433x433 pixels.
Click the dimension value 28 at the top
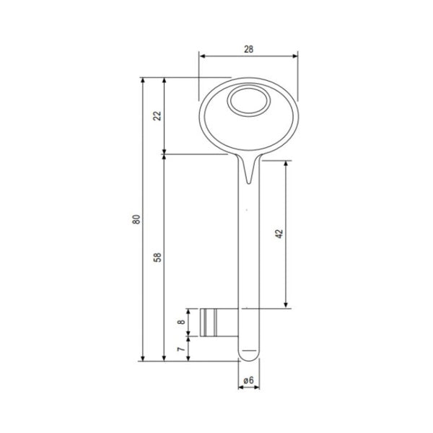[x=248, y=48]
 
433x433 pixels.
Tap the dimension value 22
[x=157, y=115]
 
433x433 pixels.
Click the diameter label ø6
[x=248, y=380]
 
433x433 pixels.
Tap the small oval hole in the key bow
[x=247, y=102]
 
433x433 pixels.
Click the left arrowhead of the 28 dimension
[x=202, y=56]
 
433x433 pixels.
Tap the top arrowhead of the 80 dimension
[x=143, y=81]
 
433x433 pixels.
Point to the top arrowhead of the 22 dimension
[x=165, y=81]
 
